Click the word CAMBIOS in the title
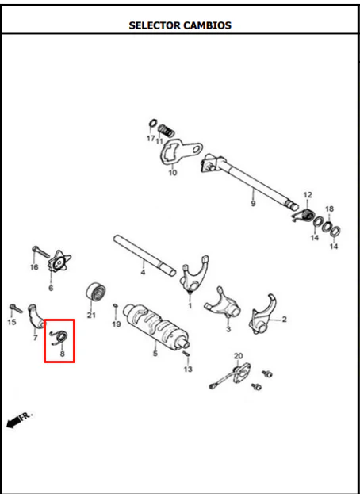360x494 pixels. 207,25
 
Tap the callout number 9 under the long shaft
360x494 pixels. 253,203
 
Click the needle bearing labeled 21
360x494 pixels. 96,292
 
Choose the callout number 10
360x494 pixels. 173,173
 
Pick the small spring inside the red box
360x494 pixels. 59,337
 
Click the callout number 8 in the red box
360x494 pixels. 62,354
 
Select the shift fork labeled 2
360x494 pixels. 262,314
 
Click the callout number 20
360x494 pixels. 239,356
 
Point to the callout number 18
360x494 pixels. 329,209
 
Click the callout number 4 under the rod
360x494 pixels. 143,272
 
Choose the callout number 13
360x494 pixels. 188,369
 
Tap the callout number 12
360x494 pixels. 308,195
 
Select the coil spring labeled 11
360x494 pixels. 166,131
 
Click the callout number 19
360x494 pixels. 117,324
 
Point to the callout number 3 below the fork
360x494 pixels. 228,329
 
